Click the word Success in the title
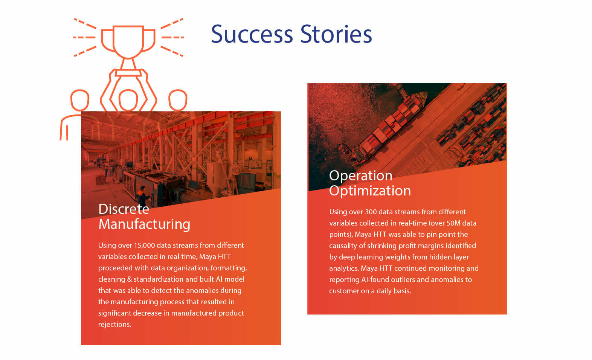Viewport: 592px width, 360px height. coord(252,34)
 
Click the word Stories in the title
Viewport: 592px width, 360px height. coord(336,34)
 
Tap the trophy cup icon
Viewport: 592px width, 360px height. coord(128,42)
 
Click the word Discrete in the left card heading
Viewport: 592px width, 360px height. coord(124,209)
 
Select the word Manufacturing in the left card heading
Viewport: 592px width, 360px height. coord(144,224)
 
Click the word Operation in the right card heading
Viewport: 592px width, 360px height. coord(361,176)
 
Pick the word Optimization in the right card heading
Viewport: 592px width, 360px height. coord(370,191)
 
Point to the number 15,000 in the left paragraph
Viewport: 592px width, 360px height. coord(144,245)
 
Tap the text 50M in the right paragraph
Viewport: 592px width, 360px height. coord(453,223)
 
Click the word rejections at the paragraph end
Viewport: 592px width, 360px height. coord(115,325)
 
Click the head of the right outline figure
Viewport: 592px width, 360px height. coord(178,100)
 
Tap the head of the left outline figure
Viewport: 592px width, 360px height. coord(80,100)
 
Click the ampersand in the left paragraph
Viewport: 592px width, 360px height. coord(129,279)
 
